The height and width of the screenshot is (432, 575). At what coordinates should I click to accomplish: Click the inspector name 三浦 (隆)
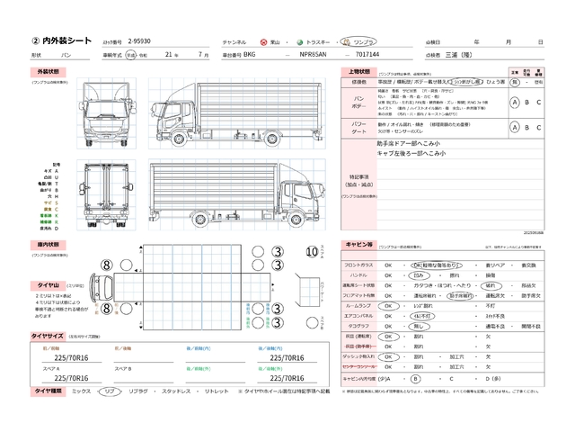462,55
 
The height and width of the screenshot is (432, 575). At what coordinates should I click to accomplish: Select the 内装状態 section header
48,244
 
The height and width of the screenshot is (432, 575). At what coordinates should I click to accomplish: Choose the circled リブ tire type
109,392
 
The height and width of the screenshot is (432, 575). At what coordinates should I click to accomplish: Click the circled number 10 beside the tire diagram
311,252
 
